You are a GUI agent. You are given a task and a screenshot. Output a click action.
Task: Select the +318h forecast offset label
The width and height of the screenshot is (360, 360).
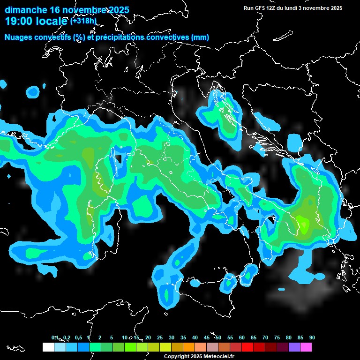tap(83, 21)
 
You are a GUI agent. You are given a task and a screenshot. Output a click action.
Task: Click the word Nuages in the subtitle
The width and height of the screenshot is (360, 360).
tap(17, 37)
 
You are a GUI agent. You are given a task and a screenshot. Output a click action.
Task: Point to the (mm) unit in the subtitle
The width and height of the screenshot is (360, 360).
tap(200, 37)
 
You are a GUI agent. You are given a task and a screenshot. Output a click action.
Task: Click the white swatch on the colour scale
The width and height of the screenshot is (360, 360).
tap(48, 347)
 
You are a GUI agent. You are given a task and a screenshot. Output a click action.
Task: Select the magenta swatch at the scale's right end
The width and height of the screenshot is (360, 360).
tap(306, 347)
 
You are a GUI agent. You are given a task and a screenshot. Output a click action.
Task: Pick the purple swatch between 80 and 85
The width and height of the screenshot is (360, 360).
tap(294, 347)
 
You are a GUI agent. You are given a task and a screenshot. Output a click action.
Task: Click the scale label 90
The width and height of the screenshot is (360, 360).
tap(312, 338)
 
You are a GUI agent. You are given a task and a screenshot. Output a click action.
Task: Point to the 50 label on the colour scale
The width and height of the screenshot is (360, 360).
tap(218, 338)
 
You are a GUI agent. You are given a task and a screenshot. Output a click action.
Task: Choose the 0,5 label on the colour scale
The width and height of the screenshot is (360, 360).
tap(78, 338)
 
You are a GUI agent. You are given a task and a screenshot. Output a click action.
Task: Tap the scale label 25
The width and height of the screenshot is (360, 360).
tap(160, 338)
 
